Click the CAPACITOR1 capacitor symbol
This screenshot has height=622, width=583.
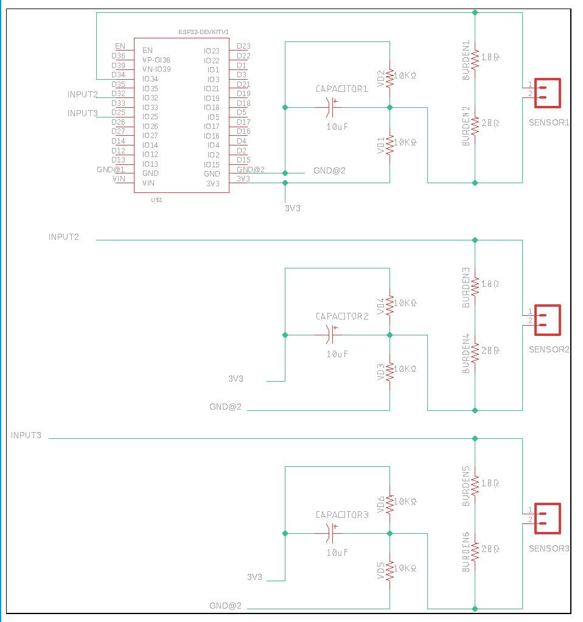[x=331, y=107]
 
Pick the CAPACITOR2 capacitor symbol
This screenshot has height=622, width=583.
[x=331, y=334]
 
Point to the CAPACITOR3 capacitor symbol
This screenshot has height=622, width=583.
[x=331, y=533]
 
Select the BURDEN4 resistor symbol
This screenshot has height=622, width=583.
[x=475, y=351]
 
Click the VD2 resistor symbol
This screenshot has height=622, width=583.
[x=389, y=75]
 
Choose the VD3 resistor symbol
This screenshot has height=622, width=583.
[x=389, y=369]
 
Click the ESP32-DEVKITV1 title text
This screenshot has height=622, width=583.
[x=203, y=32]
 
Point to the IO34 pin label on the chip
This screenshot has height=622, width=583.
[x=150, y=79]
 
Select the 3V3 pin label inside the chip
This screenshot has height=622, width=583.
[x=212, y=183]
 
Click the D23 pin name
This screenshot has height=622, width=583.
[x=243, y=46]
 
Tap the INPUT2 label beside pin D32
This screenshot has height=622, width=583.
[x=82, y=94]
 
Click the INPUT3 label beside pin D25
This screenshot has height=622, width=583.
[x=82, y=113]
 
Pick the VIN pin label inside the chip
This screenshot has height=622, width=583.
[x=148, y=183]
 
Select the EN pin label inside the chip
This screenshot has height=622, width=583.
[x=147, y=51]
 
